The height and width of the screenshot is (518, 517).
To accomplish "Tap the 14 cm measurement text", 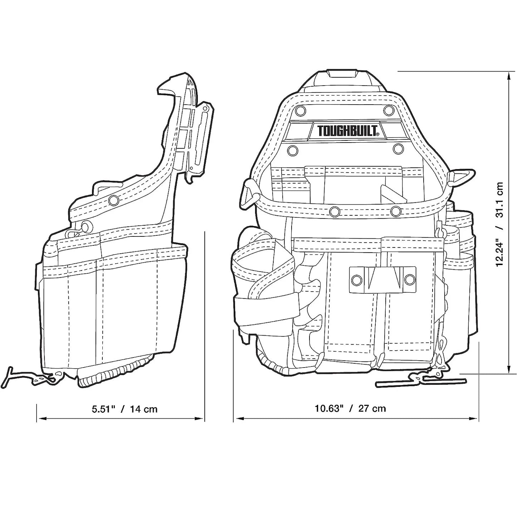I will [143, 409].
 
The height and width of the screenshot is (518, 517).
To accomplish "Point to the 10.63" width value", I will [329, 408].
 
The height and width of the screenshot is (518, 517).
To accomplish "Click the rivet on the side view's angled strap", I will [114, 200].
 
